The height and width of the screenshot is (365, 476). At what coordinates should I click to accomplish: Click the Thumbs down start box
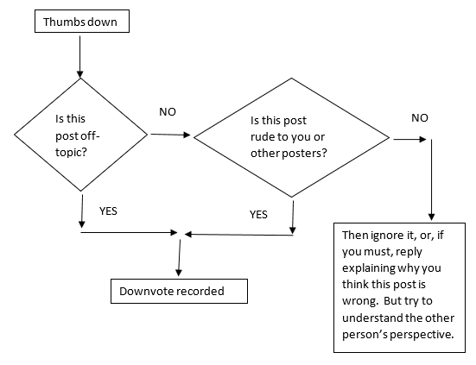(x=82, y=22)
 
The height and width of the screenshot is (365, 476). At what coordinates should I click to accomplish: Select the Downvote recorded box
(x=179, y=291)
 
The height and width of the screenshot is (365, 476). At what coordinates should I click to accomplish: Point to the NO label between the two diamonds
(x=168, y=112)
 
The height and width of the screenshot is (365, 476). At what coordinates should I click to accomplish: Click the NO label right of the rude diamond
(x=420, y=118)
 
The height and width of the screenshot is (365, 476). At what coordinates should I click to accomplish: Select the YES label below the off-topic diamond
(x=108, y=211)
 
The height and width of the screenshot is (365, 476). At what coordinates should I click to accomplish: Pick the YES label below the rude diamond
(x=258, y=215)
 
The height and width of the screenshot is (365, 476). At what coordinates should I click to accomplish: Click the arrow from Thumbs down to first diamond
(x=79, y=57)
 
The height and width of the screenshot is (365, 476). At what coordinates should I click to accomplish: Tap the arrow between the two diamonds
(x=170, y=135)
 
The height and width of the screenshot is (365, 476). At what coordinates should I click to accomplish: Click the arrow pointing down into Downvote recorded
(x=180, y=258)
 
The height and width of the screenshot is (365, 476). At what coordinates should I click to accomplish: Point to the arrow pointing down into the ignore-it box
(x=431, y=179)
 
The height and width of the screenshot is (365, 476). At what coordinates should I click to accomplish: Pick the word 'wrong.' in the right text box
(x=360, y=301)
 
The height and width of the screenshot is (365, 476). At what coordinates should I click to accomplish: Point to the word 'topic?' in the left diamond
(x=71, y=152)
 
